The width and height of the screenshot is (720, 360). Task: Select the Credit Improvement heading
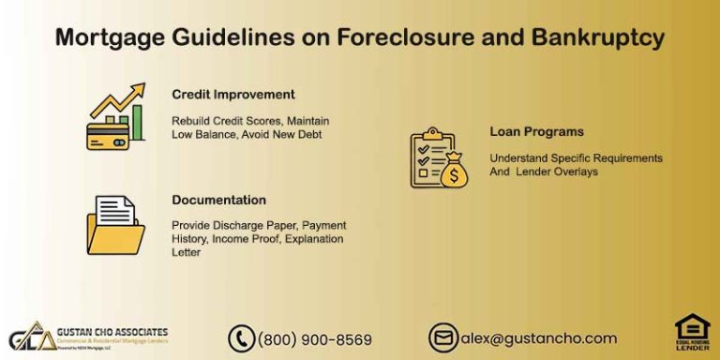(233, 95)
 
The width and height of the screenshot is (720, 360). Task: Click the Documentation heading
(218, 200)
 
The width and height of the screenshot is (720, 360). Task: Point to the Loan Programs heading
(536, 131)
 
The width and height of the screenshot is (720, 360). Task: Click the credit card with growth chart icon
(115, 116)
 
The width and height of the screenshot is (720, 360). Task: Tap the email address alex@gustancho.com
(537, 338)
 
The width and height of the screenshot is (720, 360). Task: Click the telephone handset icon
(242, 338)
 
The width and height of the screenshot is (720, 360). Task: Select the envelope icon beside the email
(442, 337)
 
